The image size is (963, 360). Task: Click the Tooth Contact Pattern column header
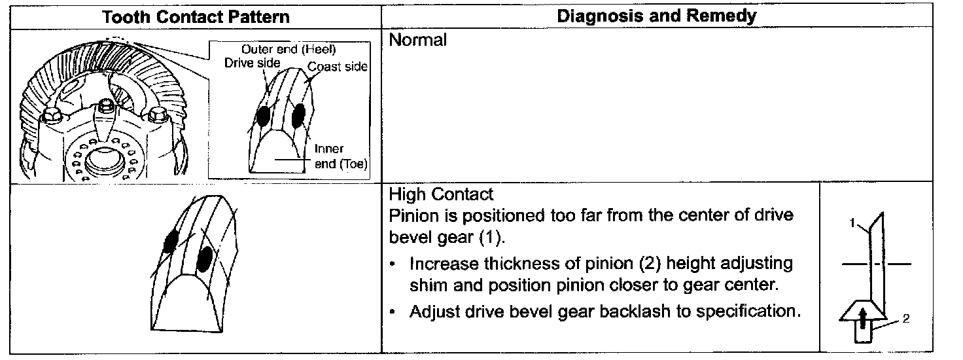pos(196,17)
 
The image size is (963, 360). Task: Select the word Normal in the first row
pos(418,40)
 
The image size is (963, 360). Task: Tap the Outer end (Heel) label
pos(289,50)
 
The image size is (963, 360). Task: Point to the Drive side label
pos(252,63)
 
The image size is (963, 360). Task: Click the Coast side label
pos(338,67)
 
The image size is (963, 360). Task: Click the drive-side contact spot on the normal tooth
pos(263,116)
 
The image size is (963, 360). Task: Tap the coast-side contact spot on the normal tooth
pos(298,115)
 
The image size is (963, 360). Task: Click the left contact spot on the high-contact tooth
pos(171,242)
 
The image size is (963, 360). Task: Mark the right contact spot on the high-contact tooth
pos(205,258)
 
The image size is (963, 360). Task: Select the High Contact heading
pos(441,194)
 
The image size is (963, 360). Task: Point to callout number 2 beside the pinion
pos(905,319)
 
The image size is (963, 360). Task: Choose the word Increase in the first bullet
pos(444,264)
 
